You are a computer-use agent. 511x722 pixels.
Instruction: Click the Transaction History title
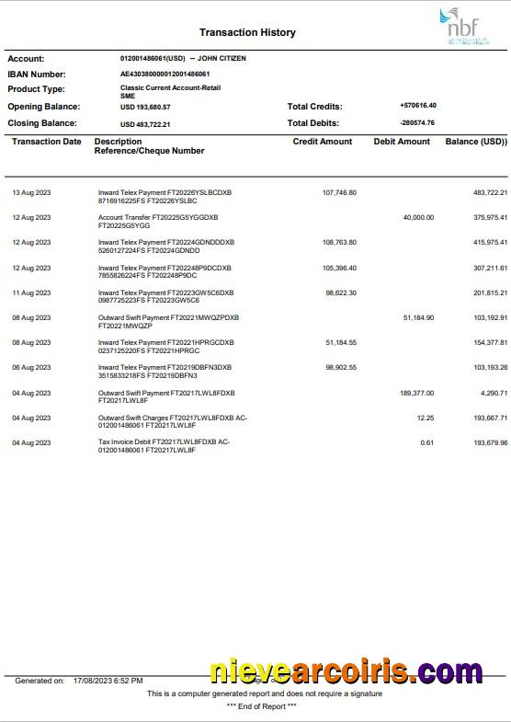click(x=247, y=32)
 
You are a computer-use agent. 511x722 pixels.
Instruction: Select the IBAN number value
click(x=165, y=74)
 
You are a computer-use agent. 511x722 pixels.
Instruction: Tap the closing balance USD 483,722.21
click(x=145, y=123)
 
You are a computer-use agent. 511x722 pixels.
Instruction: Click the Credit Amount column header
click(x=322, y=142)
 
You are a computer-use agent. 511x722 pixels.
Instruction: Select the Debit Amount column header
click(x=402, y=142)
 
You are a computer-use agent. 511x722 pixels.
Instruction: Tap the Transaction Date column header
click(x=46, y=142)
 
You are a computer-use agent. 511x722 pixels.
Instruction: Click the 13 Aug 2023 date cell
click(x=31, y=192)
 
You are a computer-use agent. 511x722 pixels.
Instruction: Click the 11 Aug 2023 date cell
click(x=31, y=292)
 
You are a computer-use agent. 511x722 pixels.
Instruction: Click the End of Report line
click(x=261, y=705)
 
